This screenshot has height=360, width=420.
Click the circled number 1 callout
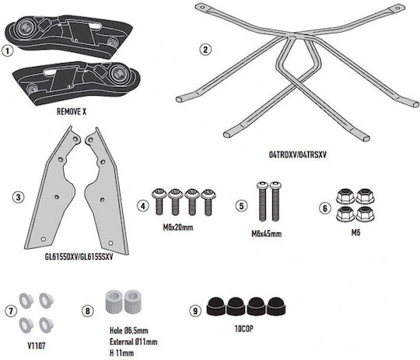point(7,51)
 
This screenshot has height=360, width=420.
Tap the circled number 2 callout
point(205,50)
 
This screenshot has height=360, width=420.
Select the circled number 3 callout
point(18,197)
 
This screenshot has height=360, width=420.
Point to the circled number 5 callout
point(241,206)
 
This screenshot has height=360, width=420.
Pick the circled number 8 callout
point(88,311)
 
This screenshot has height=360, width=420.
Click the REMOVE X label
point(72,112)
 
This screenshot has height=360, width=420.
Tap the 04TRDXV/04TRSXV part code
point(298,155)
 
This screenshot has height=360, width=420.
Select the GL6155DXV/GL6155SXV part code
point(79,257)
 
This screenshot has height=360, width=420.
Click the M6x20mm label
point(178,227)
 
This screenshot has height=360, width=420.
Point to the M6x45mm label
point(267,234)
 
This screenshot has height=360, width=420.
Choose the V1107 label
point(37,346)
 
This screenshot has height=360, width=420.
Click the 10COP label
point(243,329)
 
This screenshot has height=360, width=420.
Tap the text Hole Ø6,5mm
point(129,330)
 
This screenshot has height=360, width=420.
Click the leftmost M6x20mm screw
point(159,201)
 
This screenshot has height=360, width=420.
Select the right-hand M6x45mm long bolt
point(275,201)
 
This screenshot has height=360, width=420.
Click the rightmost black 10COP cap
point(276,306)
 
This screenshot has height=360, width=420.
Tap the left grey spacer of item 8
point(114,302)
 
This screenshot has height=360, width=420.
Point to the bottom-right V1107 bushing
point(47,325)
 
